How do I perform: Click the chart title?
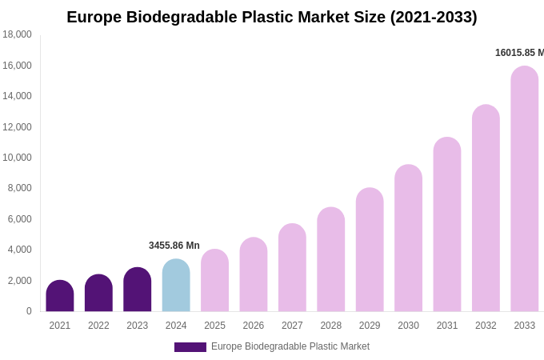click(272, 17)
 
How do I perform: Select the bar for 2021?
click(60, 296)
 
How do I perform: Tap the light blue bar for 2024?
click(176, 286)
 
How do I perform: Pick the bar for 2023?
click(138, 290)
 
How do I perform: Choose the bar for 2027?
click(292, 268)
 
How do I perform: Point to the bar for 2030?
click(408, 238)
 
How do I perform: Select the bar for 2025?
click(214, 281)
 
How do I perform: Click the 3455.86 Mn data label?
click(174, 246)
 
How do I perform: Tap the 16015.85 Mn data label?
click(519, 53)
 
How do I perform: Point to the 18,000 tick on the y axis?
click(17, 34)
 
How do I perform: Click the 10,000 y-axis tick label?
click(17, 158)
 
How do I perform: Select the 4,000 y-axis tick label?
click(19, 250)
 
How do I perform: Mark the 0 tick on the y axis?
click(29, 311)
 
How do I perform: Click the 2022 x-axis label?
click(98, 326)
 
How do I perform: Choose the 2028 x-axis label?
click(330, 326)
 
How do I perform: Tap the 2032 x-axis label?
click(486, 326)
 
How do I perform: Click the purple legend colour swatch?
click(190, 347)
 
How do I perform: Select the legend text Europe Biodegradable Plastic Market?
click(290, 346)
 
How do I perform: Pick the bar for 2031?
click(447, 225)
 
